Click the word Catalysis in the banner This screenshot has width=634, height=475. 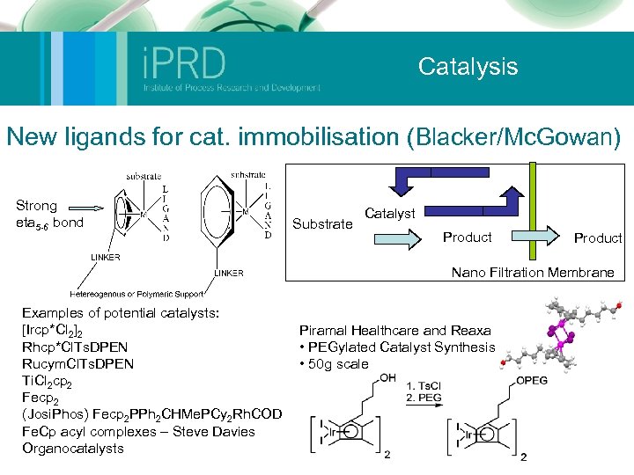point(468,66)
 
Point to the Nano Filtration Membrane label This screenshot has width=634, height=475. point(533,273)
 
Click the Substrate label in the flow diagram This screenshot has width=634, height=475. point(321,224)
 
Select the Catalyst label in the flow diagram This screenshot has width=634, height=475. point(390,213)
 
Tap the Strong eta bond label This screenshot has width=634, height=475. point(49,214)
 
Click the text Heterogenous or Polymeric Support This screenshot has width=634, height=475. point(136,293)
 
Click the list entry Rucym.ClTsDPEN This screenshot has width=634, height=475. point(77,363)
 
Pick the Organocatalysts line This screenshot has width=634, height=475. point(73,448)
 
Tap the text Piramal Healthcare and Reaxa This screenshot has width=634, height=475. point(394,331)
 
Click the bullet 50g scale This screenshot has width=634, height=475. point(337,364)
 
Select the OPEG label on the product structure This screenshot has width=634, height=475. point(530,381)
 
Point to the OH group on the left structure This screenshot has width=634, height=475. point(388,378)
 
